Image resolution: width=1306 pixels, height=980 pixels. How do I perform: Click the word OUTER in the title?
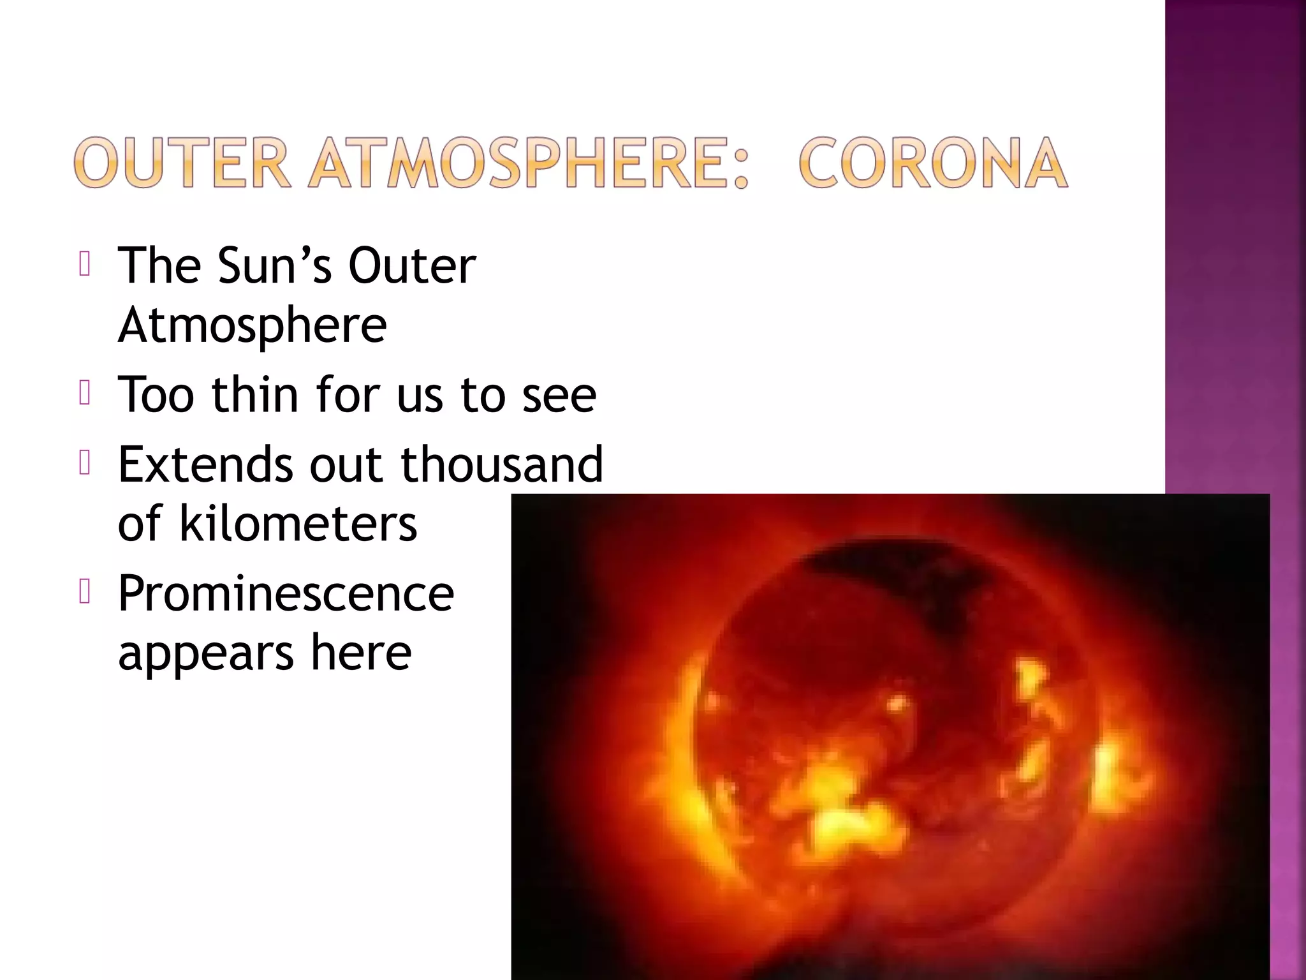tap(182, 163)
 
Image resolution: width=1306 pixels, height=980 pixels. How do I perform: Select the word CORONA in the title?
tap(933, 163)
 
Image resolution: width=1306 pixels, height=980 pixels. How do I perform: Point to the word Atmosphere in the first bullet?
tap(253, 325)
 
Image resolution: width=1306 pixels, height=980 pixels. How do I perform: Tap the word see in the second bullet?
tap(559, 396)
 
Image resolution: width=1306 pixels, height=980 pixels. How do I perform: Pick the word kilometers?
tap(298, 523)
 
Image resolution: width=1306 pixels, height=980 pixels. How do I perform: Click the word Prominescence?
tap(286, 593)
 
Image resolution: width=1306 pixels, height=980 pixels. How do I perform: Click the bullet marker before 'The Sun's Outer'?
tap(85, 264)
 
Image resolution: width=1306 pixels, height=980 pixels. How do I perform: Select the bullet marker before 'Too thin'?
tap(85, 393)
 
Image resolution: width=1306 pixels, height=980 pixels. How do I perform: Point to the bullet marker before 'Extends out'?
tap(85, 463)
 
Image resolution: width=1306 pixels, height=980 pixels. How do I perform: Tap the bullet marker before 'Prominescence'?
tap(85, 592)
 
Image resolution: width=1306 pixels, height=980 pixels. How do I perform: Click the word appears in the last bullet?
tap(206, 654)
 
